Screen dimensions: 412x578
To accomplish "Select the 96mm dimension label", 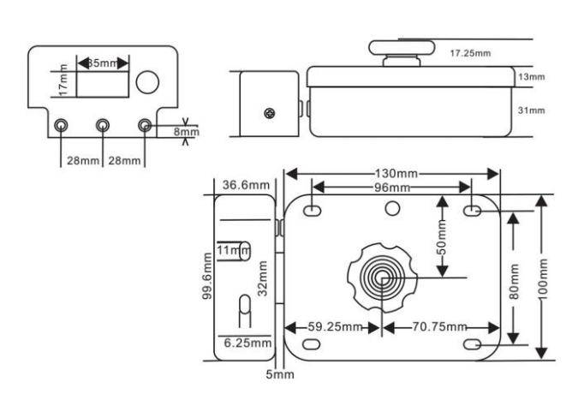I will pos(391,188).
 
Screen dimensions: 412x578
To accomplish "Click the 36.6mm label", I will pos(247,185).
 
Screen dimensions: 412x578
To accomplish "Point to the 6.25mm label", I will pos(247,343).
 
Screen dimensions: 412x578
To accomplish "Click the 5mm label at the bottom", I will pos(280,374).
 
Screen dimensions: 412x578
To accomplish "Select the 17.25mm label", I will pos(470,53).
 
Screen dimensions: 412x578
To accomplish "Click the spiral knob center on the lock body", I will pos(380,277).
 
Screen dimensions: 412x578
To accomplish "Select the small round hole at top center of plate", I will pos(392,207).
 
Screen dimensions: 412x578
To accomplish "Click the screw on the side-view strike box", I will pos(271,113).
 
